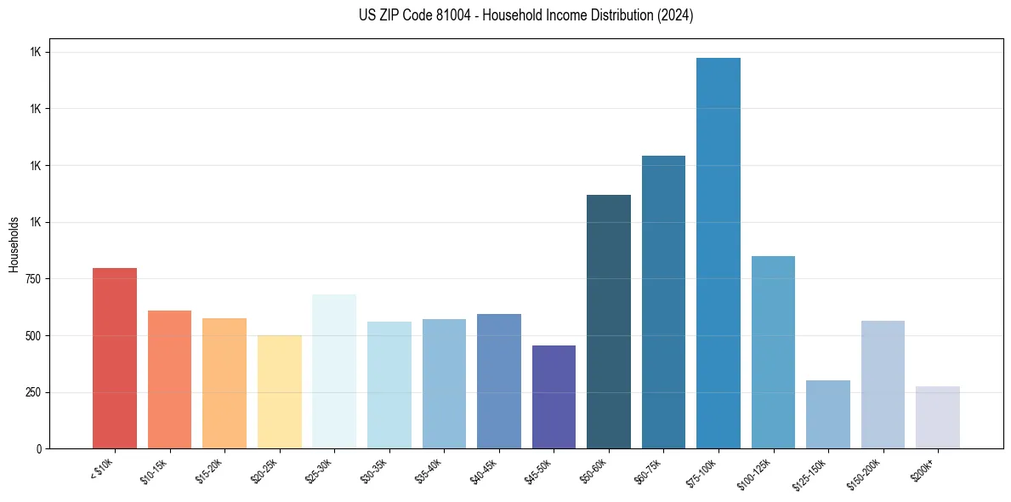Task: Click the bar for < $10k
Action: click(x=115, y=358)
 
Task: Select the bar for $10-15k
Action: click(x=169, y=379)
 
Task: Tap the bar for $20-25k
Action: click(x=279, y=391)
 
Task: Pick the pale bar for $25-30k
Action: click(x=334, y=371)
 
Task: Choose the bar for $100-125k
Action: click(x=773, y=352)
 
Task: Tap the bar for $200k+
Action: click(x=938, y=417)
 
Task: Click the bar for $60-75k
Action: click(x=663, y=302)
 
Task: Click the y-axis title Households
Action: click(x=14, y=244)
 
